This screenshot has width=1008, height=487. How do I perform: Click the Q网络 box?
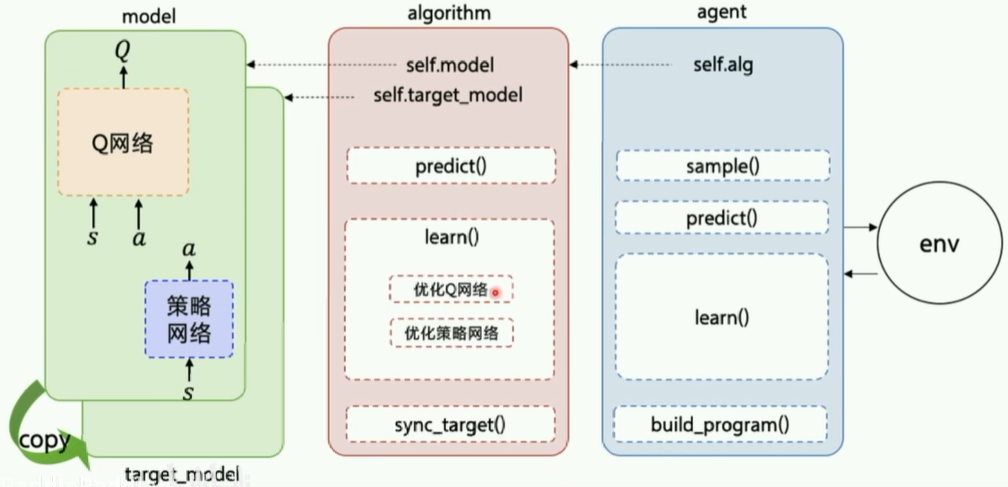[124, 142]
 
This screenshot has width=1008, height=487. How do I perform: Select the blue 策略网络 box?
[189, 320]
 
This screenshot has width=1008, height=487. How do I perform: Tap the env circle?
[938, 244]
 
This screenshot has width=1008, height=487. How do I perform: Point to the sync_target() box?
[451, 423]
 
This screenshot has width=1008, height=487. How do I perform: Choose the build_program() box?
[720, 424]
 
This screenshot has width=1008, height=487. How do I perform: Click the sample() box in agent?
[721, 166]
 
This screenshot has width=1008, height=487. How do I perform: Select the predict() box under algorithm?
[451, 166]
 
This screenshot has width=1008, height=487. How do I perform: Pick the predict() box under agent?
[721, 218]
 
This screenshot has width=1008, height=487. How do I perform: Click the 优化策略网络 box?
[452, 333]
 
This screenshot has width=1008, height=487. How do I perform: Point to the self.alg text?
[723, 65]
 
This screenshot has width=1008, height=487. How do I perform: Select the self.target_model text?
[447, 94]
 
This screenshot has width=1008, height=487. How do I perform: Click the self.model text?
[449, 65]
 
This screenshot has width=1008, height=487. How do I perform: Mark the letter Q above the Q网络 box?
[122, 51]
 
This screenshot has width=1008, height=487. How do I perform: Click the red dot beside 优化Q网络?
[495, 291]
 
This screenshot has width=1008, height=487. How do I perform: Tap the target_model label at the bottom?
[182, 474]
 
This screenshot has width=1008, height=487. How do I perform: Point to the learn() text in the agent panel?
[721, 317]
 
